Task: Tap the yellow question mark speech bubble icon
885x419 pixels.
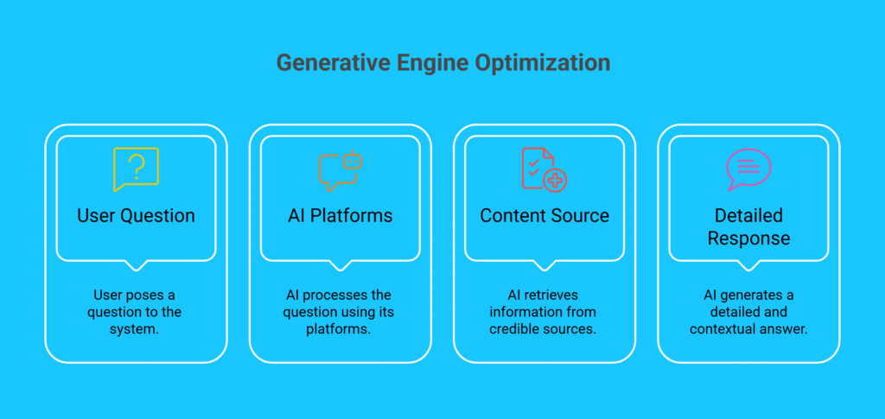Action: pyautogui.click(x=136, y=168)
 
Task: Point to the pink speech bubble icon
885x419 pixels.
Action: pyautogui.click(x=748, y=169)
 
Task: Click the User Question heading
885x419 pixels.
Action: pyautogui.click(x=136, y=216)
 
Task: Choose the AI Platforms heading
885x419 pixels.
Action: pyautogui.click(x=340, y=216)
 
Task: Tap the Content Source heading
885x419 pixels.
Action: pyautogui.click(x=544, y=216)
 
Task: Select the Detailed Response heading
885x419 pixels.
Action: pyautogui.click(x=748, y=226)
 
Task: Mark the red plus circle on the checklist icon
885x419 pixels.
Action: pyautogui.click(x=556, y=181)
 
